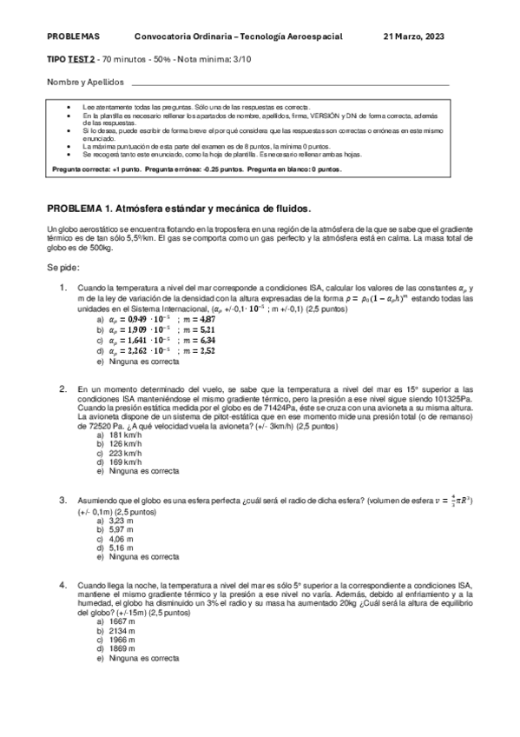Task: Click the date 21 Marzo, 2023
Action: point(418,37)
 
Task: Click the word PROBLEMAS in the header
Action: point(74,37)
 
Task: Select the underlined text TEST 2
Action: point(82,62)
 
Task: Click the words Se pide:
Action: point(64,269)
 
